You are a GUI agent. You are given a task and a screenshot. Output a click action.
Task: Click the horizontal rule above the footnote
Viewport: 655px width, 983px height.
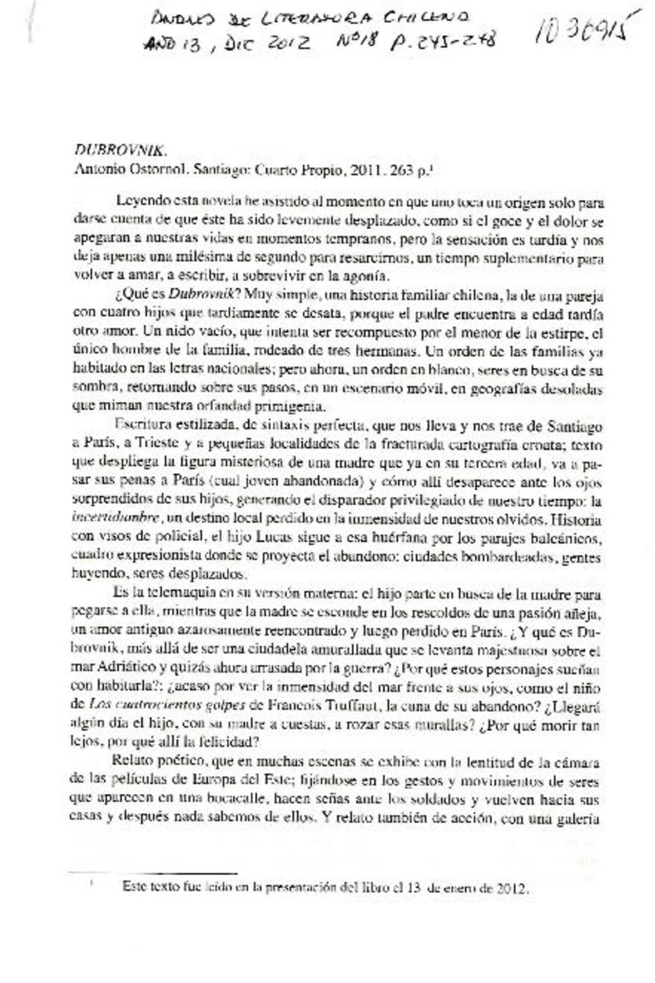point(151,874)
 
